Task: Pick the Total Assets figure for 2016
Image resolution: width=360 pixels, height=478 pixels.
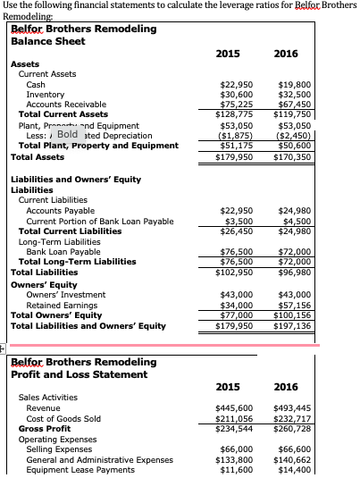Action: (291, 157)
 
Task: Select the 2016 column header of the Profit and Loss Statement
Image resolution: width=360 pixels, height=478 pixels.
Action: (286, 387)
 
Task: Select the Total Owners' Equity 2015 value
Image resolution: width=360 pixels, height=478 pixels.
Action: (239, 314)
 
